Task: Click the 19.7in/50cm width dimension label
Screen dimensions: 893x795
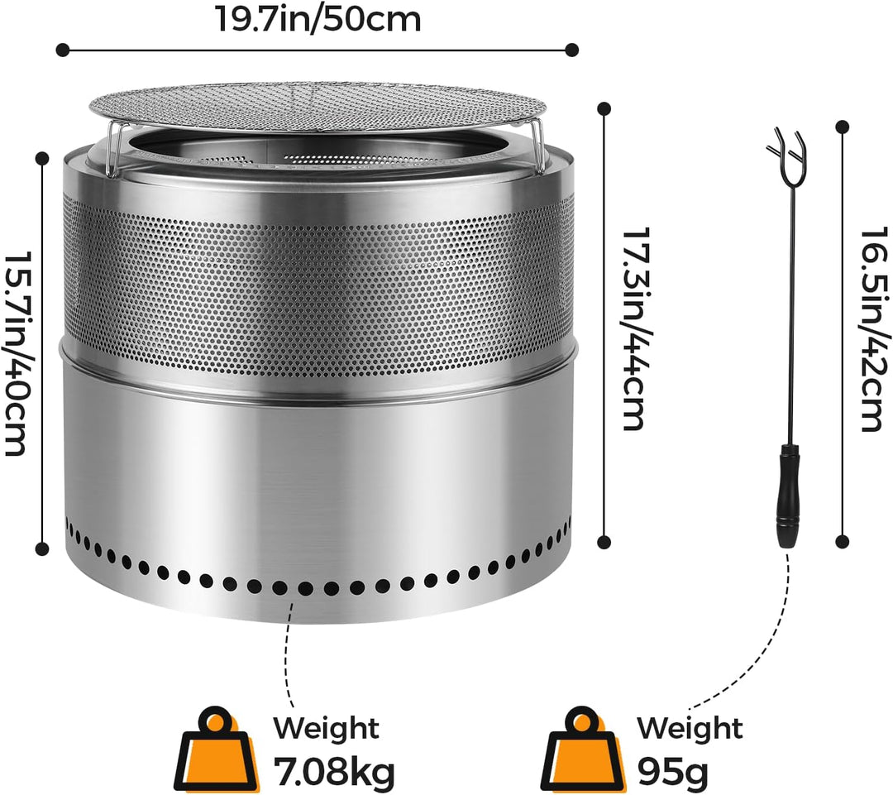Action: [x=318, y=19]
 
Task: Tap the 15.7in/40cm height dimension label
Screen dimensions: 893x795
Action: [x=16, y=353]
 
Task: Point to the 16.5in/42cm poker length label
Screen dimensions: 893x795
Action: [x=874, y=328]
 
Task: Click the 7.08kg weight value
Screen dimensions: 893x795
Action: [x=334, y=770]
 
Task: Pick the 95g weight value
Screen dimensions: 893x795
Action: [x=672, y=771]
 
